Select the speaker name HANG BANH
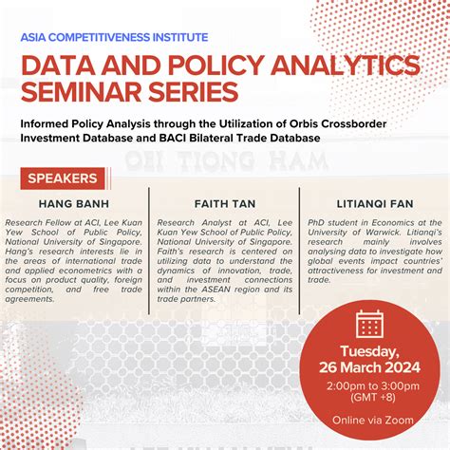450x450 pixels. point(76,203)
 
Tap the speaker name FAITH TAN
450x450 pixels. point(224,203)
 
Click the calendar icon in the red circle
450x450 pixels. point(368,325)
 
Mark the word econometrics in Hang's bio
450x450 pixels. point(94,251)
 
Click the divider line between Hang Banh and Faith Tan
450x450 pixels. point(150,237)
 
